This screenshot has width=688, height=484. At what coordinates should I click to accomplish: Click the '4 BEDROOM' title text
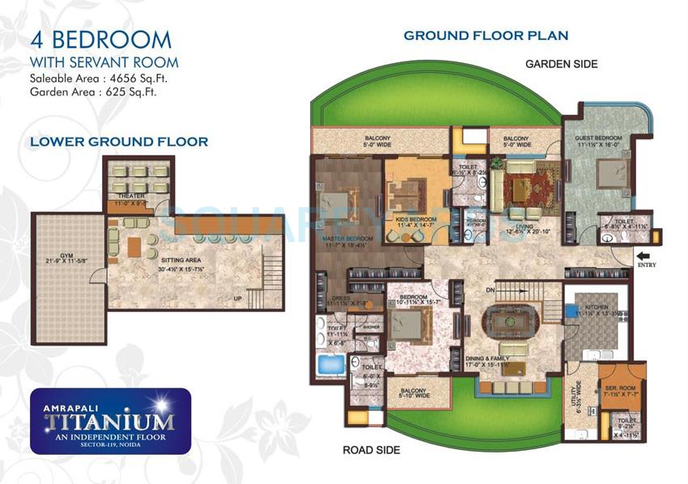click(100, 39)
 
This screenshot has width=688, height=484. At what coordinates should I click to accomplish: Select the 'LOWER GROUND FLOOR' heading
click(119, 142)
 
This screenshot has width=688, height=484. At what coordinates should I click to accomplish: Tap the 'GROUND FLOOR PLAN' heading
click(486, 36)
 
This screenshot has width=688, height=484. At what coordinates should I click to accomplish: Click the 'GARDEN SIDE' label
click(561, 64)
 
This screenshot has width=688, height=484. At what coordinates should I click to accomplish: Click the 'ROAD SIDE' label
click(371, 450)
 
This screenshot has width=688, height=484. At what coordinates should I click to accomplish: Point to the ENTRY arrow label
click(648, 263)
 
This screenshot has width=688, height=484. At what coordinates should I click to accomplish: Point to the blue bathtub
click(329, 364)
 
